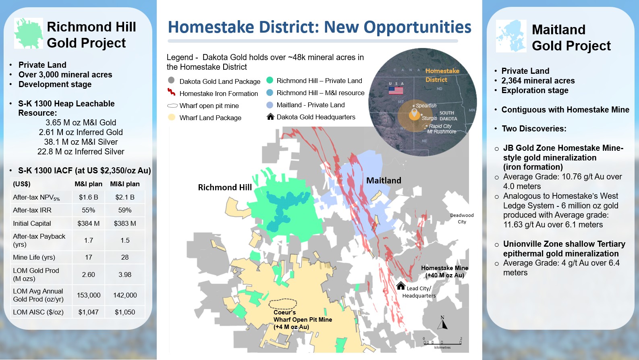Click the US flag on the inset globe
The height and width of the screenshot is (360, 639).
[x=396, y=90]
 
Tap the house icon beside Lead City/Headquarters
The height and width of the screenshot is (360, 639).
[x=400, y=286]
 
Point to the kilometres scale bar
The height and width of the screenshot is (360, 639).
[x=442, y=343]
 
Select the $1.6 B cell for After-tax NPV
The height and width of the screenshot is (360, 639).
[x=89, y=197]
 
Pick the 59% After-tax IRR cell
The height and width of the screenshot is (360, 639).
[x=125, y=210]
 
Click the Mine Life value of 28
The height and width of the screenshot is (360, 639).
[x=125, y=257]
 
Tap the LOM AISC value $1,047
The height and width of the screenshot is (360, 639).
[x=89, y=312]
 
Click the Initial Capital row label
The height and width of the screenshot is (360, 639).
[x=32, y=223]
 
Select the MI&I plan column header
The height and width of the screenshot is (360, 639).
[x=125, y=184]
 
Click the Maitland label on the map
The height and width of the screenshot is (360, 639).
[x=384, y=181]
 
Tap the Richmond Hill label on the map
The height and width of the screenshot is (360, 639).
[x=225, y=187]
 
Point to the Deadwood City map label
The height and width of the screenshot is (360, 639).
[x=462, y=218]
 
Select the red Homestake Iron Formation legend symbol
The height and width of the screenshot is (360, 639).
[x=171, y=92]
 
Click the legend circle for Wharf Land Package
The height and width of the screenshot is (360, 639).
[x=171, y=117]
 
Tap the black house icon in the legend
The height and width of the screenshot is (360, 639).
[x=270, y=117]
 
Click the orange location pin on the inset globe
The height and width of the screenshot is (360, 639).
[x=414, y=114]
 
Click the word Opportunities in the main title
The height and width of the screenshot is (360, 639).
[x=417, y=27]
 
